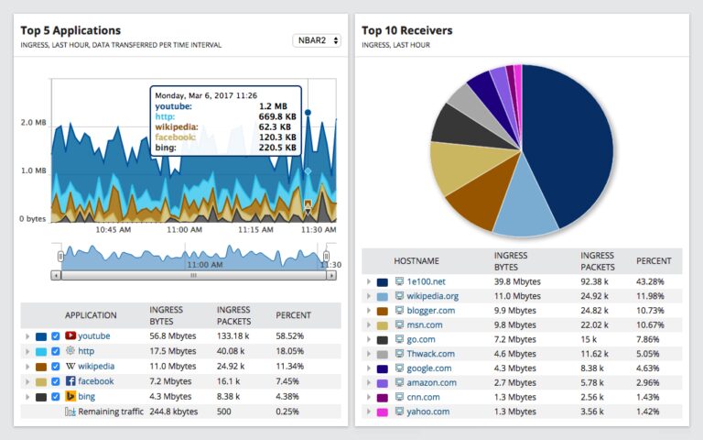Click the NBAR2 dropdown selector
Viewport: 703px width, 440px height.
(317, 40)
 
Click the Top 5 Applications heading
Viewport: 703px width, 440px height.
(71, 30)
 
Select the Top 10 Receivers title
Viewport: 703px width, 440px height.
(406, 30)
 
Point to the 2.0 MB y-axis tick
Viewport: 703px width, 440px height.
(33, 122)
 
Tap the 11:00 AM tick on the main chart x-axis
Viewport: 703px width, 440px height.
(184, 229)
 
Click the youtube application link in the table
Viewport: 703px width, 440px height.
(93, 335)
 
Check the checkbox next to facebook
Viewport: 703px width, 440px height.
(56, 381)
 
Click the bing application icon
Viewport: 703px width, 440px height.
(70, 397)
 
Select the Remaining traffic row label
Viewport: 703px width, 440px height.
(111, 412)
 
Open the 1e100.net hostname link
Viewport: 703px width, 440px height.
(427, 281)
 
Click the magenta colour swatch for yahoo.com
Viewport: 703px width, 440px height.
(382, 412)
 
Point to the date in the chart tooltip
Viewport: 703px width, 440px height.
(205, 94)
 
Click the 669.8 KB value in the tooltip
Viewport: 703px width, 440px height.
(277, 115)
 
